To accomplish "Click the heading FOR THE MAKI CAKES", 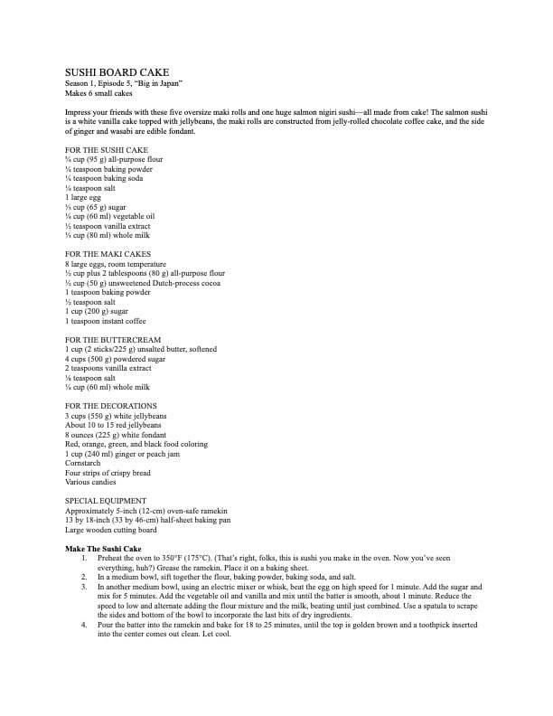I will pos(108,253).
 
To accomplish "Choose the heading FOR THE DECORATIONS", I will pos(112,406).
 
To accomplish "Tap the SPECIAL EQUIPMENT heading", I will pos(107,501).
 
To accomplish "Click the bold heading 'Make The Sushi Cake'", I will pos(105,549).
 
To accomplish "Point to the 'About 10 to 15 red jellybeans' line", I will pos(114,425).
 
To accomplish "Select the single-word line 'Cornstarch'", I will pos(83,463).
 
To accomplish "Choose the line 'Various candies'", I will pos(92,482).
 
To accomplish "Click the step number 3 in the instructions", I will pos(83,587).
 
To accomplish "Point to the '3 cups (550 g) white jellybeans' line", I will pos(117,416).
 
